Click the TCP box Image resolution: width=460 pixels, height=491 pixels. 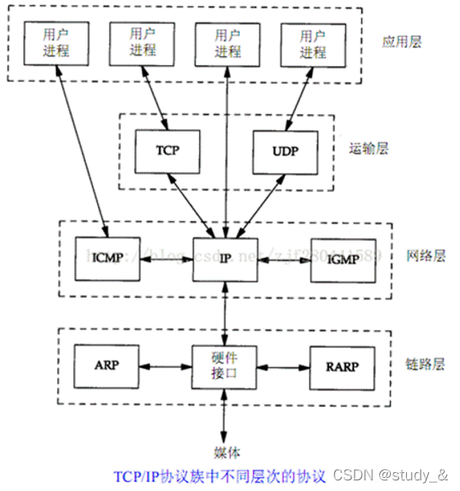click(x=167, y=151)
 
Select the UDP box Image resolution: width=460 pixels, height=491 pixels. click(x=285, y=151)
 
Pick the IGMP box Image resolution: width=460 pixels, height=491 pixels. click(x=343, y=260)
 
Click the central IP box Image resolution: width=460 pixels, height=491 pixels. click(x=225, y=259)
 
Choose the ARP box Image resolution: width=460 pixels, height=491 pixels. click(x=106, y=365)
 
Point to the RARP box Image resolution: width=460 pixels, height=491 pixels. click(x=343, y=365)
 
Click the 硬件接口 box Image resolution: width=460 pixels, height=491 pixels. click(x=225, y=365)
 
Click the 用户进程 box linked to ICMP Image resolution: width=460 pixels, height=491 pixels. click(x=55, y=43)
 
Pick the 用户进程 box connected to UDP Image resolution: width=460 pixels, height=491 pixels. click(x=312, y=43)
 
